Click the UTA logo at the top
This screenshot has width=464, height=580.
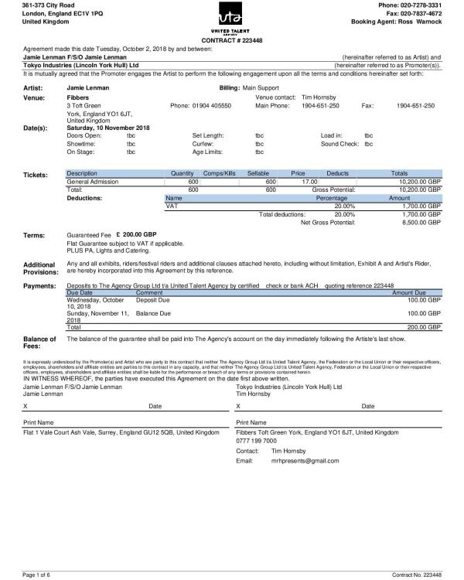[230, 18]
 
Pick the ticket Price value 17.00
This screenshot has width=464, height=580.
[298, 181]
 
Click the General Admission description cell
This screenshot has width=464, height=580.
[97, 181]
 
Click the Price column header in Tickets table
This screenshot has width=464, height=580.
[298, 173]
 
